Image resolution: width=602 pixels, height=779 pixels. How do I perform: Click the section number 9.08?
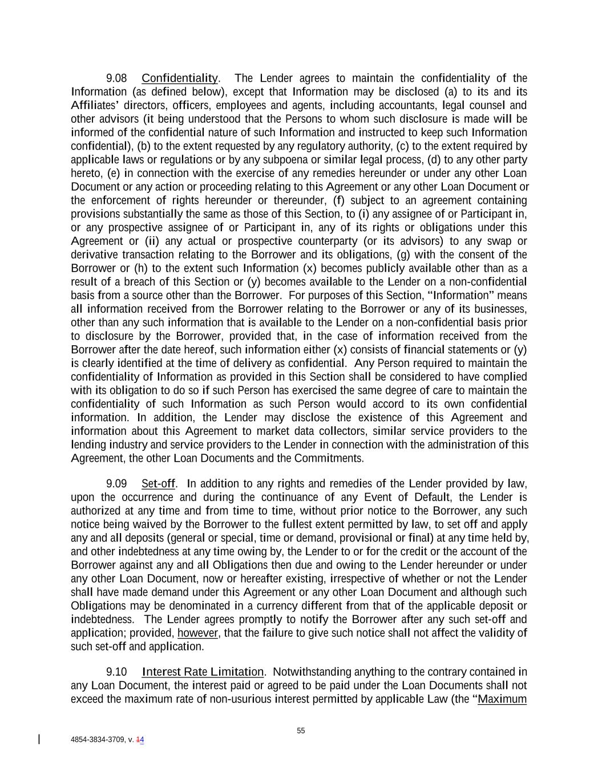(x=116, y=78)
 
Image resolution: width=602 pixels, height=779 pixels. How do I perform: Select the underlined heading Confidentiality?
(x=179, y=78)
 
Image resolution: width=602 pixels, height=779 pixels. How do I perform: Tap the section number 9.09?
(x=116, y=484)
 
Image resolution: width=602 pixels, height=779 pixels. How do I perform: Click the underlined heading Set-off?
(x=158, y=484)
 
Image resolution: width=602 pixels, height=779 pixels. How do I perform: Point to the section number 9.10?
(x=116, y=672)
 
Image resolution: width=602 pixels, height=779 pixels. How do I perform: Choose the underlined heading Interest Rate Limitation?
(x=203, y=672)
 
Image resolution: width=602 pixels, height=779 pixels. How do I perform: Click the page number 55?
(x=301, y=731)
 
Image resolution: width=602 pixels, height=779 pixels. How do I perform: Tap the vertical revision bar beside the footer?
(x=39, y=740)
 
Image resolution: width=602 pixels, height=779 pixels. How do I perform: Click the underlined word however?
(x=197, y=633)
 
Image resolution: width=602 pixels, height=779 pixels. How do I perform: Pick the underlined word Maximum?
(x=502, y=699)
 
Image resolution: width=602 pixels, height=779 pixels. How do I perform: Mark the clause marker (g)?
(x=405, y=255)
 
